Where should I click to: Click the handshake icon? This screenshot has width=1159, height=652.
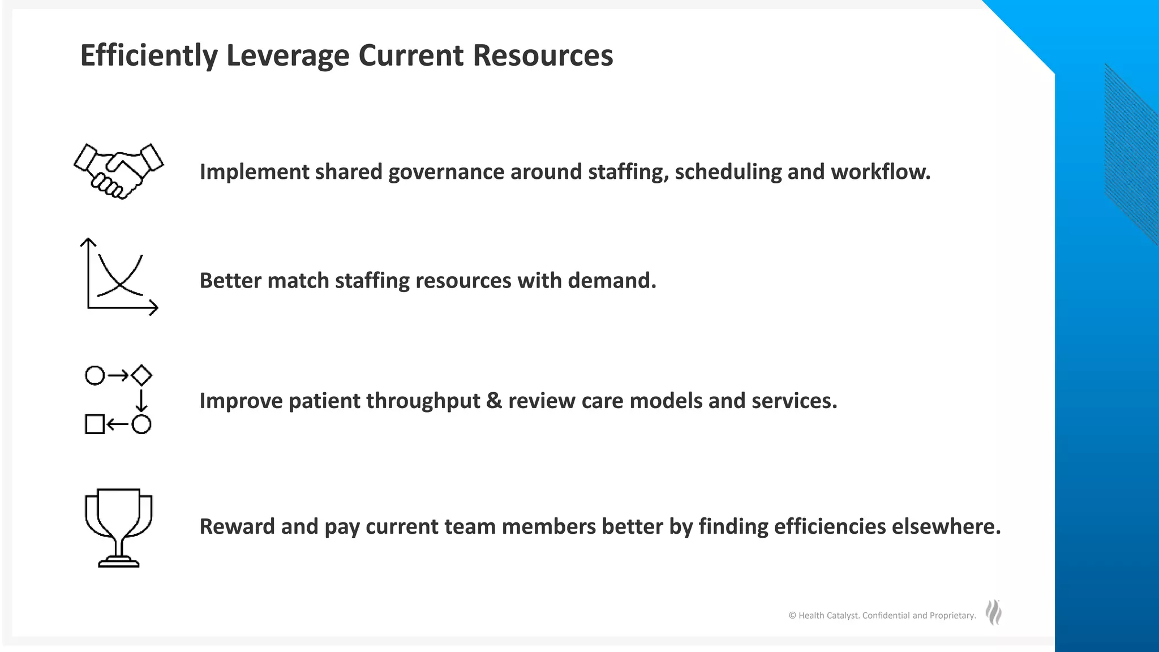(118, 170)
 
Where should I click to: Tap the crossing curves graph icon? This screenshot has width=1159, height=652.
(120, 277)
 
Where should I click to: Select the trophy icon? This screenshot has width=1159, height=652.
(118, 526)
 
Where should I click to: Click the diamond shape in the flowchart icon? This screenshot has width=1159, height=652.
(141, 375)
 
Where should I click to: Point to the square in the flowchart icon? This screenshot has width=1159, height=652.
(95, 424)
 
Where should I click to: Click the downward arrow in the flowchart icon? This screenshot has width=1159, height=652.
(141, 400)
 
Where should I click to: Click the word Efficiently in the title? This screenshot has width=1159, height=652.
(149, 55)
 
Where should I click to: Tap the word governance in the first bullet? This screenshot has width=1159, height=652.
(446, 172)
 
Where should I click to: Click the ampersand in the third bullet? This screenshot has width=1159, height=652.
(493, 401)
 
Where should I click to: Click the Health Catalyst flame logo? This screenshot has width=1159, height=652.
(993, 612)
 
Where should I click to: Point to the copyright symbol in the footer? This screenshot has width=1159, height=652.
(792, 616)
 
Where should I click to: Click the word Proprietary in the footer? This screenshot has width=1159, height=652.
(952, 616)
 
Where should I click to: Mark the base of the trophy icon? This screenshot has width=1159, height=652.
(118, 563)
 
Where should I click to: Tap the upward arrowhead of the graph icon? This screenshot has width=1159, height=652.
(88, 242)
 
